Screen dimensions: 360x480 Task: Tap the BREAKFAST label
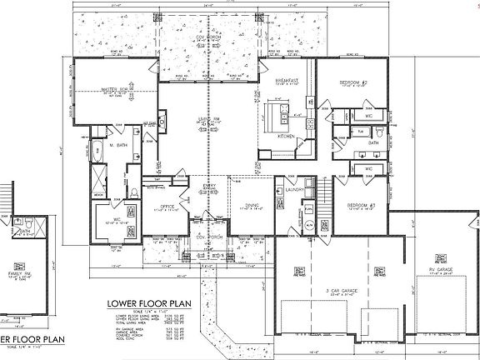click(x=287, y=80)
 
